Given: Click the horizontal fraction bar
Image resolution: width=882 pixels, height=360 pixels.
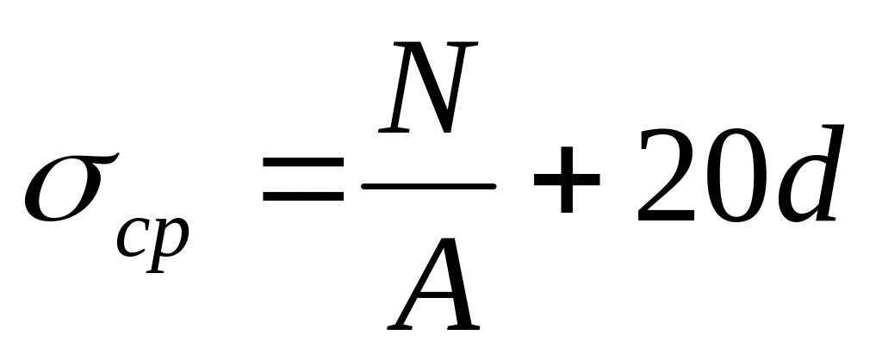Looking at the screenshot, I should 429,185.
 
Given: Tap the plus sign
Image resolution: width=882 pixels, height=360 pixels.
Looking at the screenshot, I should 566,184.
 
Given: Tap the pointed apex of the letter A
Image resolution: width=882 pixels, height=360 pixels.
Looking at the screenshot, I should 456,240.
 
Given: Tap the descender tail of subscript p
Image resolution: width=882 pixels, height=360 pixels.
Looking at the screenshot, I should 155,266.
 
